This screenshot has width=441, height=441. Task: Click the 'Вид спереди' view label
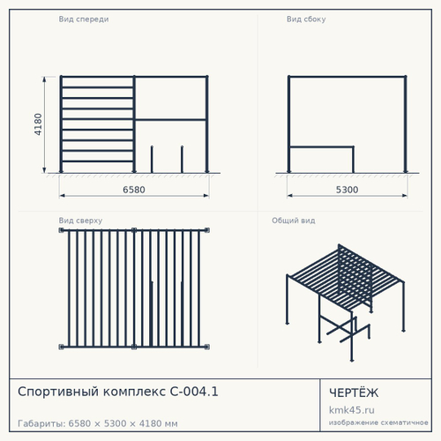coord(84,19)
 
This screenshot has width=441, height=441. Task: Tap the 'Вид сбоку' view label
coord(306,19)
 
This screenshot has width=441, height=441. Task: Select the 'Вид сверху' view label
coord(80,220)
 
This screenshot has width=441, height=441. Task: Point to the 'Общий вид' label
coord(294,220)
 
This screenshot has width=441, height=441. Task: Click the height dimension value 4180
coord(38,124)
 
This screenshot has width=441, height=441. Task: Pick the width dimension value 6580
coord(134,190)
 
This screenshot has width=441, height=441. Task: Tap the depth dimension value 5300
coord(348,190)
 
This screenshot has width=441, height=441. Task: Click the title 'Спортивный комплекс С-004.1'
coord(118,392)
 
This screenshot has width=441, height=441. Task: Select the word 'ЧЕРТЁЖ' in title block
coord(354,392)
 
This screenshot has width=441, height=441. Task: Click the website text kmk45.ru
coord(352,410)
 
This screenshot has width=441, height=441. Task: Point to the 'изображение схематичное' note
coord(378,422)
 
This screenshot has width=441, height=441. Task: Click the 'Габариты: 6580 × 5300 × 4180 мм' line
coord(98,423)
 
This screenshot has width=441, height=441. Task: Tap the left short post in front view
coord(152,160)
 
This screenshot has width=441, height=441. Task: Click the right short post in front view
coord(182,160)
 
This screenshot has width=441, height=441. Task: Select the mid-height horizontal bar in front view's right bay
coord(170,120)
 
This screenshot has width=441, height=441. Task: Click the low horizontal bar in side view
coord(321,146)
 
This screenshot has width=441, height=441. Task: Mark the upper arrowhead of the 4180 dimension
coord(44,78)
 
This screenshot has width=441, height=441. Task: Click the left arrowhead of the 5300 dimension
coord(289,195)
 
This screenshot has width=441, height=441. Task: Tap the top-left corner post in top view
coord(61,230)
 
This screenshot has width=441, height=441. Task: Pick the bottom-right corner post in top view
coord(207,347)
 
